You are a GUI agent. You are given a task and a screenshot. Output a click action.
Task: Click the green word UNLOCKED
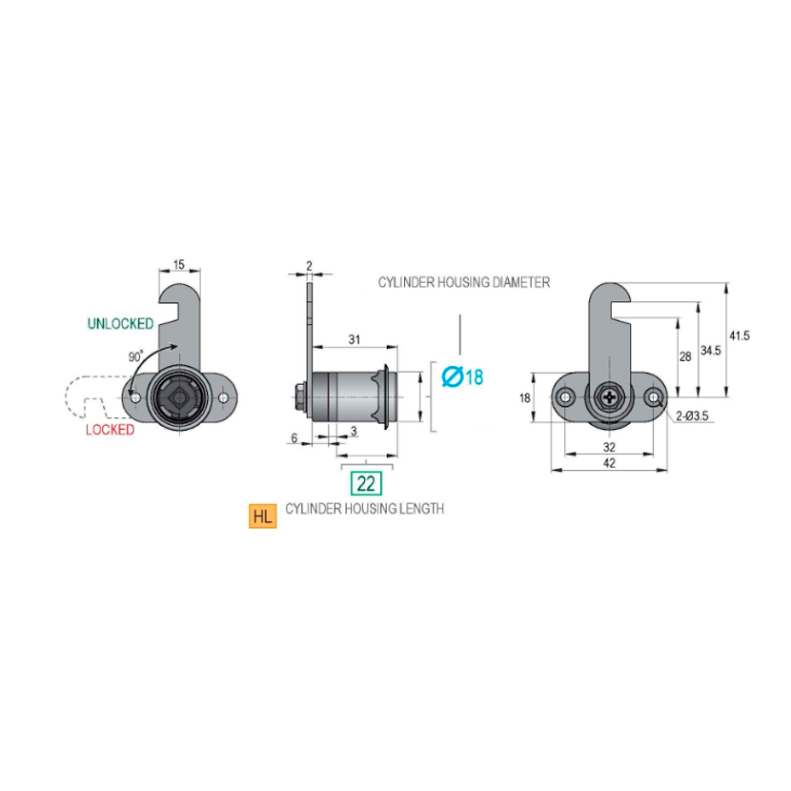120,324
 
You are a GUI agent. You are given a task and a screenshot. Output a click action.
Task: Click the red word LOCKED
111,430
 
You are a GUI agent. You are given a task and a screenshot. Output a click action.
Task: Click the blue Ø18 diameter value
463,377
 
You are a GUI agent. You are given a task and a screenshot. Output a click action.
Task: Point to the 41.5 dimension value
739,335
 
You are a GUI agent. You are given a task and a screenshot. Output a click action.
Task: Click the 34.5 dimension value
710,351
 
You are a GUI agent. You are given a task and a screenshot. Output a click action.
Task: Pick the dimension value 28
685,355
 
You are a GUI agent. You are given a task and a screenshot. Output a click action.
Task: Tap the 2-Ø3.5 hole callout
695,416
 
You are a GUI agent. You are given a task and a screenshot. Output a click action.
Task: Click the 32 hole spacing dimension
610,445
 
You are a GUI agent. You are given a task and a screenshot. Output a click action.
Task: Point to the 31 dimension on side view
354,339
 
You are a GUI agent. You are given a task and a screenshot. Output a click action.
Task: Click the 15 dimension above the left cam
179,264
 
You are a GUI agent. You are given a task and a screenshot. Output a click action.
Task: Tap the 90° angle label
134,356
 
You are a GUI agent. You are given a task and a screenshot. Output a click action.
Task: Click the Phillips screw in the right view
609,396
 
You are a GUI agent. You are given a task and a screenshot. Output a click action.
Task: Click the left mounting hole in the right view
567,396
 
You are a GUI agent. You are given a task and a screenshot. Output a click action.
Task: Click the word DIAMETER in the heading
518,283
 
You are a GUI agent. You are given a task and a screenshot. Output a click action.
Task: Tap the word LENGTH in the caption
422,509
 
